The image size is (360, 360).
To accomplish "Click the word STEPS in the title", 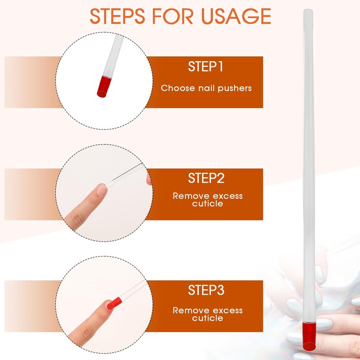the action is pos(117,16).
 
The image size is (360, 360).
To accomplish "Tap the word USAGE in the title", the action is pos(236,16).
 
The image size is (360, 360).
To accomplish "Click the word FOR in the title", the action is pos(173,16).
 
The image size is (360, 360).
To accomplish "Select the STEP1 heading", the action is pos(206,67).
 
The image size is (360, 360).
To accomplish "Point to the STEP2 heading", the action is pos(206,178).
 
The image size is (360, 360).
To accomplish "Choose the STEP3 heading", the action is pos(206,290).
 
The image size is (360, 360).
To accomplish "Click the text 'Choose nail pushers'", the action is pos(206,88).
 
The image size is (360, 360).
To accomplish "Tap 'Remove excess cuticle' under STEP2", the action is pos(207,200).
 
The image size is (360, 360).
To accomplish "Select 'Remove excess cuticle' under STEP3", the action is pos(207,314).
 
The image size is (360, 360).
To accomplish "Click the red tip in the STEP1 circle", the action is pos(104,87).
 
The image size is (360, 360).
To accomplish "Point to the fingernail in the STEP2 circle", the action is pos(102,189).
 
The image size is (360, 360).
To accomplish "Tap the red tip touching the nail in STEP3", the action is pos(114,303).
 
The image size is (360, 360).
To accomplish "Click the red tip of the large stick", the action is pos(309,336).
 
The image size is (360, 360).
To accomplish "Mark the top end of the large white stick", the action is pos(308,9).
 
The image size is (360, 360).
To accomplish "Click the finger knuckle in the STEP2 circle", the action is pos(77,220).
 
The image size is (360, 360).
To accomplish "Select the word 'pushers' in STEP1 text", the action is pos(234,88).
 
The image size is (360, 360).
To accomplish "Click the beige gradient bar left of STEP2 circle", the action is pos(32,194).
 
